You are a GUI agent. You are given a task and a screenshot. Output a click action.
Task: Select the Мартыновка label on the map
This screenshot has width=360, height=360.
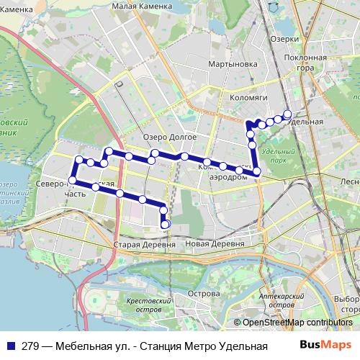click(233, 64)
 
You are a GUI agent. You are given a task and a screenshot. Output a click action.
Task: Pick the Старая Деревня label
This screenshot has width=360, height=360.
click(145, 245)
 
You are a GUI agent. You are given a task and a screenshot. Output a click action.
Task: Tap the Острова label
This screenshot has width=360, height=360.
click(203, 294)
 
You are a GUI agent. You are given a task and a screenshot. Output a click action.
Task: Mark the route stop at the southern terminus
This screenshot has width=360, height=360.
click(165, 225)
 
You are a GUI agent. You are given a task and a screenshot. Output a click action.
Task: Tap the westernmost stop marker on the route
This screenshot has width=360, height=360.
click(73, 180)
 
